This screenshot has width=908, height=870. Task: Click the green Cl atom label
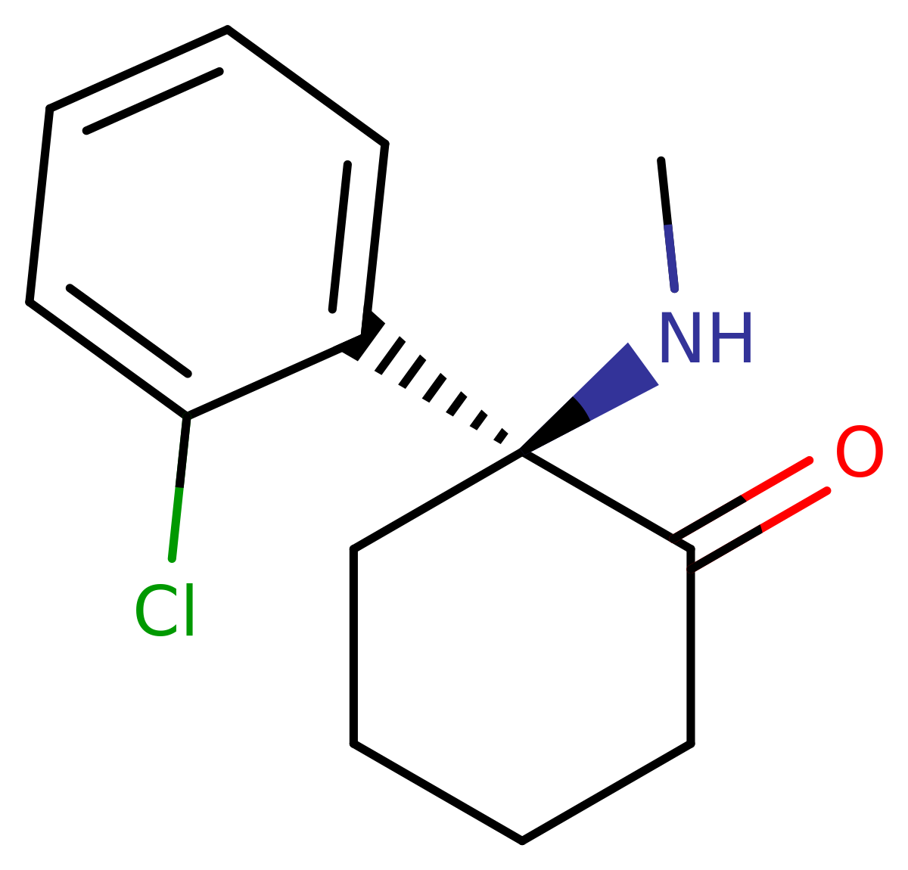coord(166,611)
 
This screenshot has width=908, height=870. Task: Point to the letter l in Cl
coord(187,610)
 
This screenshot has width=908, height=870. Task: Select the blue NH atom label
coord(705,337)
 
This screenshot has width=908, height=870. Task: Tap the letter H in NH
coord(731,338)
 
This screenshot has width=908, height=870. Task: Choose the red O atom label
coord(859,452)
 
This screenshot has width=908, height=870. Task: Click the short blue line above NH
coord(671,258)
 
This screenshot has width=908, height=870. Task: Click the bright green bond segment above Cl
coord(176,524)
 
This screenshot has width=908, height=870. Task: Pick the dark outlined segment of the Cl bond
coord(183,450)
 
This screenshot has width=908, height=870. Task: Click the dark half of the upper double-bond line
coord(707,518)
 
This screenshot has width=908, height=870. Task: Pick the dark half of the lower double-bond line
coord(725,550)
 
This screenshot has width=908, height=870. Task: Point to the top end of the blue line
coord(668,227)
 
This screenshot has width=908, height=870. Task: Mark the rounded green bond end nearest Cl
coord(172,558)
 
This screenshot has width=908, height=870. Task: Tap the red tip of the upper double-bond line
coord(809,460)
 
